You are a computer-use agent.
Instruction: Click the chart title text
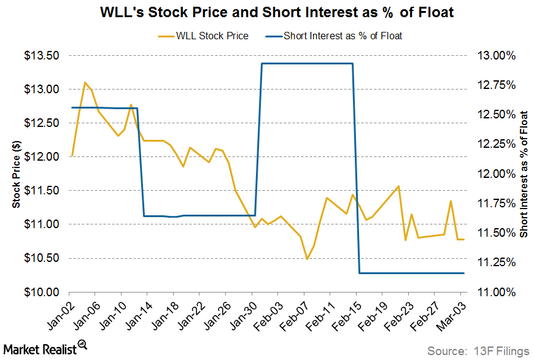(x=267, y=13)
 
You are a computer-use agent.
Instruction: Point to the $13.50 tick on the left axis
(x=41, y=56)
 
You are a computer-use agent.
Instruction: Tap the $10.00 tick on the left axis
(x=41, y=292)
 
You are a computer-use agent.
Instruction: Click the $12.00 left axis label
(x=41, y=157)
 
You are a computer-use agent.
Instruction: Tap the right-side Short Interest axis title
(x=524, y=174)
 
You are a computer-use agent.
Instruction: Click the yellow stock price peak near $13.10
(x=85, y=82)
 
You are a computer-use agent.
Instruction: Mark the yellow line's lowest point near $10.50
(x=307, y=259)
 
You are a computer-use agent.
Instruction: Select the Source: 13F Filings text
(x=478, y=351)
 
